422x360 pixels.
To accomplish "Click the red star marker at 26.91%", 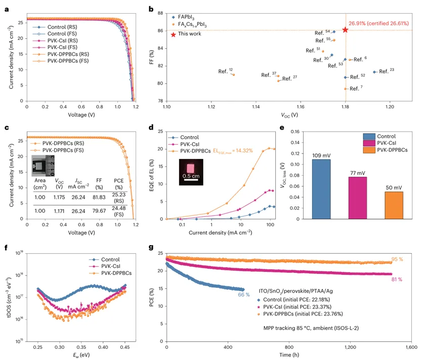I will (345, 30).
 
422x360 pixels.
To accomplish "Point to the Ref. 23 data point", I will (374, 72).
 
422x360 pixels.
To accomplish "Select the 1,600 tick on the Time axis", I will (403, 349).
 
